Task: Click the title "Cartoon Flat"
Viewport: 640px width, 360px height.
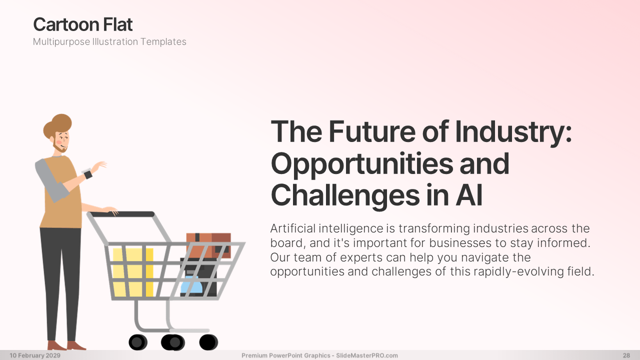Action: (x=83, y=24)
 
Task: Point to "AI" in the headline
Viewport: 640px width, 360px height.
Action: (x=469, y=195)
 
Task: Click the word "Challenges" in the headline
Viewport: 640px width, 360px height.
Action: (x=345, y=197)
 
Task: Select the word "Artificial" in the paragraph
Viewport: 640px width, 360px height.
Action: (x=293, y=228)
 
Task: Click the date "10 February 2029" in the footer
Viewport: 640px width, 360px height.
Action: (x=35, y=355)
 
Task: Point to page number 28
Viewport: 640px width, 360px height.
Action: (x=626, y=355)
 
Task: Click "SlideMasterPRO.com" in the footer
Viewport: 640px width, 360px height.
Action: (x=367, y=355)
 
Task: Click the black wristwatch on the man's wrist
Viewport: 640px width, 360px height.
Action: (x=88, y=174)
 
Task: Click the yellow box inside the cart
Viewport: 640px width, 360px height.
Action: (x=133, y=272)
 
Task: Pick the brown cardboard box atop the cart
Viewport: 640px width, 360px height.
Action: (x=208, y=245)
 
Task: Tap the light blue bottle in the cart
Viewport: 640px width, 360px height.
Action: (x=191, y=285)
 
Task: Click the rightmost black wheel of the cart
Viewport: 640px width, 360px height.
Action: (x=208, y=342)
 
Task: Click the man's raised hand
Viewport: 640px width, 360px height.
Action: (x=98, y=166)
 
